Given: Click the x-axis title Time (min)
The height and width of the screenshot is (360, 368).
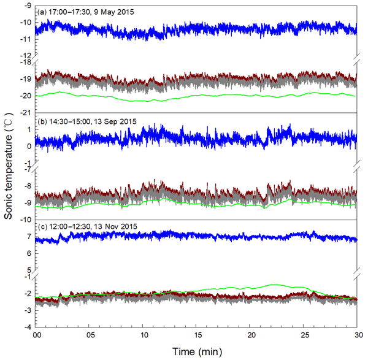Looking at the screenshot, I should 196,352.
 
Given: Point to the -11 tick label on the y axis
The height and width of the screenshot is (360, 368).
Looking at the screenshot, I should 26,39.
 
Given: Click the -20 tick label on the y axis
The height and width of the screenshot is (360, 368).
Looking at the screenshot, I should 26,96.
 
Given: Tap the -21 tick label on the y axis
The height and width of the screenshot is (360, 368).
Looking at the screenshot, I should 26,113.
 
